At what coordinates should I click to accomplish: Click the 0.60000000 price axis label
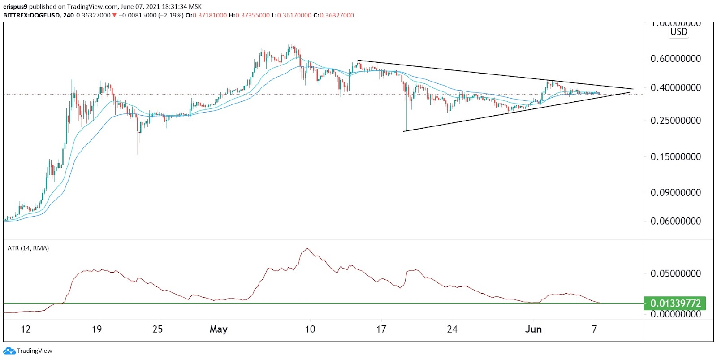[x=675, y=59]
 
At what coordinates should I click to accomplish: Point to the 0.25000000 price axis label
[x=675, y=121]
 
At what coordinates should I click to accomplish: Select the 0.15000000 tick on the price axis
[x=675, y=157]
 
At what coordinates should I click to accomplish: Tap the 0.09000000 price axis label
[x=675, y=193]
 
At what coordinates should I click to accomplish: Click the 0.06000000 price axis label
[x=675, y=221]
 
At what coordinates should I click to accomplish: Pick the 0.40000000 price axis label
[x=675, y=88]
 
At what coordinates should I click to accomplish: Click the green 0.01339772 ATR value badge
[x=675, y=304]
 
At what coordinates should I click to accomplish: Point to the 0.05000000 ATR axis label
[x=675, y=273]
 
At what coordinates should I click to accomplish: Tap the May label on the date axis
[x=218, y=330]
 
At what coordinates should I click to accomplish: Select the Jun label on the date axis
[x=533, y=330]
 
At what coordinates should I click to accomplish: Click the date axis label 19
[x=97, y=330]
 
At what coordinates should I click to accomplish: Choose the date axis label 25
[x=158, y=330]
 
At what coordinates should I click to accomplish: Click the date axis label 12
[x=26, y=330]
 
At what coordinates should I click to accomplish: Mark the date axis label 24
[x=452, y=330]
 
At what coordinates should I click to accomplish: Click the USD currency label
[x=678, y=32]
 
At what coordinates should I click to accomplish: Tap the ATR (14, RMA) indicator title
[x=28, y=248]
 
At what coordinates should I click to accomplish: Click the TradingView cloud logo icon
[x=9, y=351]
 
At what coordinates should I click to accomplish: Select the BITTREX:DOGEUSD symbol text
[x=31, y=15]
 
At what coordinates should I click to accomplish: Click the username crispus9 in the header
[x=15, y=7]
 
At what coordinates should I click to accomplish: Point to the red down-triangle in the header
[x=115, y=15]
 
